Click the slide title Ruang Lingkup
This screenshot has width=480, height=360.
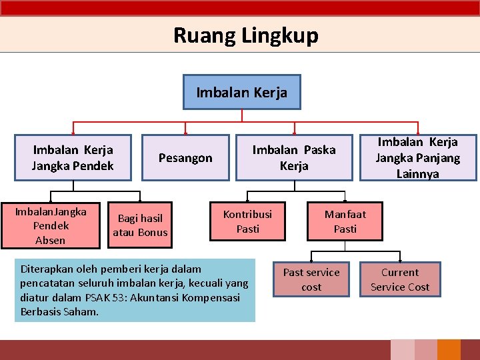pyautogui.click(x=245, y=35)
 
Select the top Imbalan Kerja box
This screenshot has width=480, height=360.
pyautogui.click(x=242, y=92)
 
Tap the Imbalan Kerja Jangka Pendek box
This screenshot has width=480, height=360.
pyautogui.click(x=73, y=158)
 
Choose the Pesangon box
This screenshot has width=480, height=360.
pyautogui.click(x=185, y=158)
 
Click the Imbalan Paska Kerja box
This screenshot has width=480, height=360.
pyautogui.click(x=294, y=158)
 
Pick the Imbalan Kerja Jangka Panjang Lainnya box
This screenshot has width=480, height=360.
pyautogui.click(x=418, y=158)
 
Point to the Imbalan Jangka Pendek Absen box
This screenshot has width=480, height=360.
pyautogui.click(x=51, y=226)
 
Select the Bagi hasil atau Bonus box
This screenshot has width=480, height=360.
pyautogui.click(x=140, y=225)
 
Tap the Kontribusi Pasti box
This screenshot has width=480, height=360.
pyautogui.click(x=247, y=221)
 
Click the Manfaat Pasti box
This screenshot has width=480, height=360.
pyautogui.click(x=345, y=221)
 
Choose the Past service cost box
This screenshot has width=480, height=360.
pyautogui.click(x=311, y=280)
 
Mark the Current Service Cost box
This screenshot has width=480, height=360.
pyautogui.click(x=400, y=280)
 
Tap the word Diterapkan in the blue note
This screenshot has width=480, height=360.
pyautogui.click(x=45, y=269)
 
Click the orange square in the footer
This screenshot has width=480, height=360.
pyautogui.click(x=449, y=350)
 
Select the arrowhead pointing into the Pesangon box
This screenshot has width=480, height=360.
pyautogui.click(x=185, y=132)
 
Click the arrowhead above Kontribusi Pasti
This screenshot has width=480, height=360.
pyautogui.click(x=247, y=199)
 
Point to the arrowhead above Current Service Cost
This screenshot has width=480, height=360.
pyautogui.click(x=400, y=259)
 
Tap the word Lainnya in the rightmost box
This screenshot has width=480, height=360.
pyautogui.click(x=418, y=174)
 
